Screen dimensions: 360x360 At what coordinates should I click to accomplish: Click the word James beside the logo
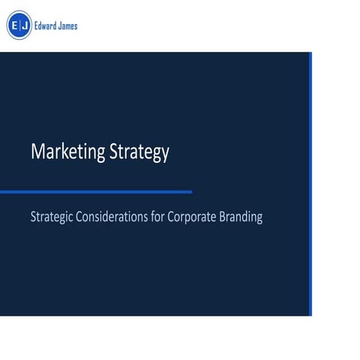point(67,26)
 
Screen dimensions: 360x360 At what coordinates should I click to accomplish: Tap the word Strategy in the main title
point(139,153)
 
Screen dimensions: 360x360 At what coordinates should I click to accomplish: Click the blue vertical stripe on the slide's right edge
point(310,184)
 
